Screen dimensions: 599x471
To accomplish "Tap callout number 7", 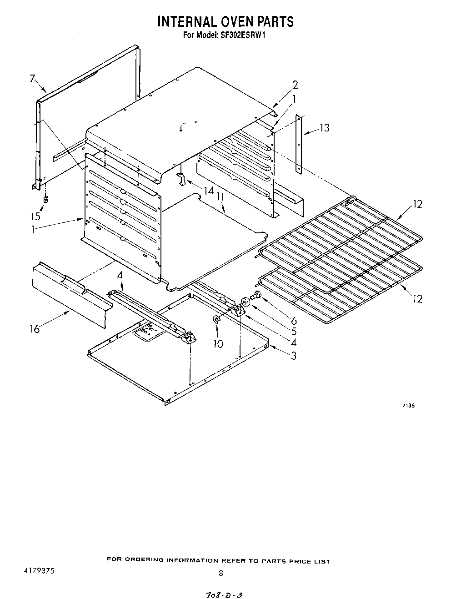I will point(32,79).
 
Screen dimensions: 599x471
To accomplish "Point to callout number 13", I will point(324,128).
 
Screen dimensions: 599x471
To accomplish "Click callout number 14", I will point(208,191).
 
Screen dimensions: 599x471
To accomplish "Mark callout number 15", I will point(35,216).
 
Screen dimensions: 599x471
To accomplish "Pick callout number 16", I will point(35,328).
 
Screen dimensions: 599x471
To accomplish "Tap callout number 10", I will point(218,343).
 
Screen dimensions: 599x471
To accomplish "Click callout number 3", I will point(294,356).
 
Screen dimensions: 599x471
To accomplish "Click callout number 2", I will point(295,85).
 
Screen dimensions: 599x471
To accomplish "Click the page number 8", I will point(221,574).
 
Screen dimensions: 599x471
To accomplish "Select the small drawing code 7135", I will point(408,406).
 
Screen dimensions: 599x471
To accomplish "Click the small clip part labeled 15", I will point(45,199).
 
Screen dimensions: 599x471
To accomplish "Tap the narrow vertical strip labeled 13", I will point(298,144).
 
